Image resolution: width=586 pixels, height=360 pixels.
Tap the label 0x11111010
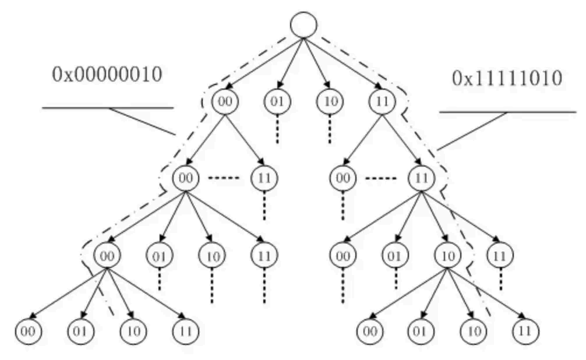pos(507,79)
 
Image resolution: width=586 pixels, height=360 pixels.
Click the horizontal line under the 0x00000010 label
pos(108,108)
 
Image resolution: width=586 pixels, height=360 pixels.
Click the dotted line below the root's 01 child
pos(277,129)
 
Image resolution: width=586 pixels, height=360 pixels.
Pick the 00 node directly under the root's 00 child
pos(185,177)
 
